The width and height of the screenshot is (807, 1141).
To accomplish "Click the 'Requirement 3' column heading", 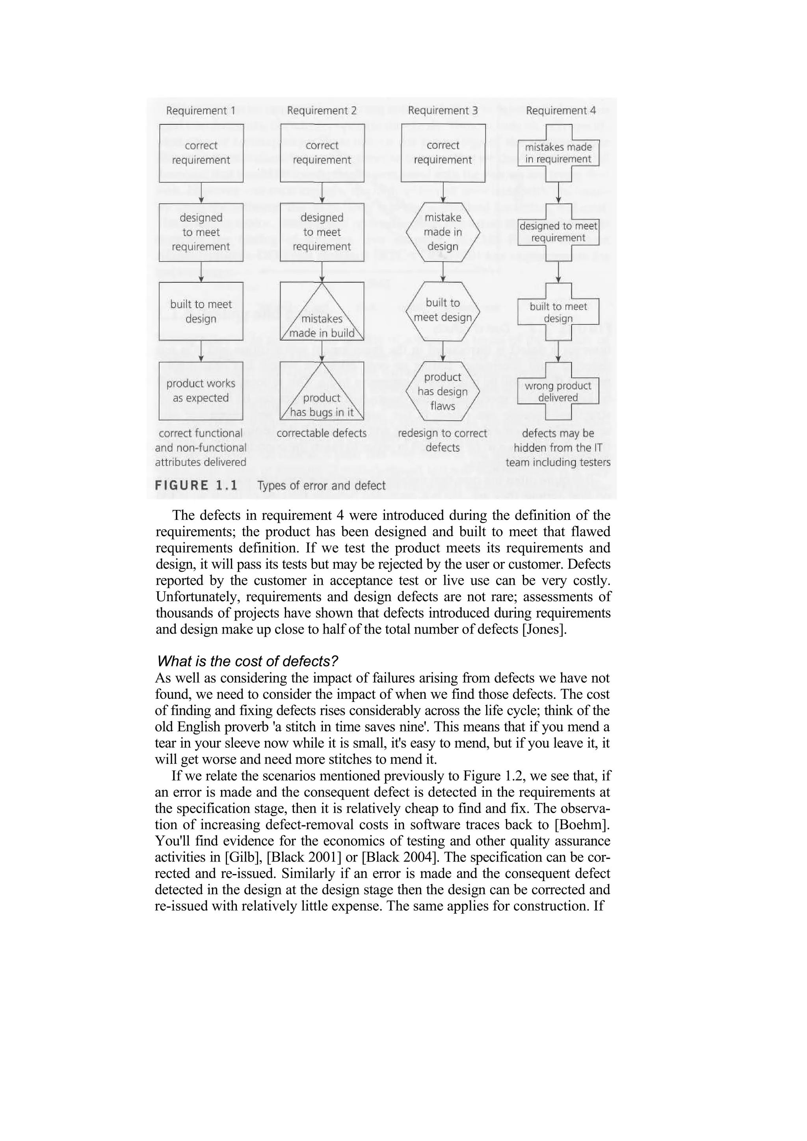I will (x=443, y=110).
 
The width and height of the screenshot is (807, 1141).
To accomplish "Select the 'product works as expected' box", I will (x=201, y=391).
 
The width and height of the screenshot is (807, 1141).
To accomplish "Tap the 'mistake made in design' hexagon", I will (x=443, y=232).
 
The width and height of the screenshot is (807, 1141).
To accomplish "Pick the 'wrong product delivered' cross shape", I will (x=558, y=391).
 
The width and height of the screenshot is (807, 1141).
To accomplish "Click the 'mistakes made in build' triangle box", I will (x=322, y=311).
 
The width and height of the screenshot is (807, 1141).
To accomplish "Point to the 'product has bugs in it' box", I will (x=322, y=391).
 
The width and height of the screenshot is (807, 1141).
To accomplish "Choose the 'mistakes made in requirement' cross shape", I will (x=558, y=153).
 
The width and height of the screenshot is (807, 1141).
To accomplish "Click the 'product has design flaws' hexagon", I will (x=443, y=391).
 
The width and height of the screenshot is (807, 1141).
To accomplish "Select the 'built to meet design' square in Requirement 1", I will (x=201, y=311).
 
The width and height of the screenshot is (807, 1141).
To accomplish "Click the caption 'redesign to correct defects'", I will (x=443, y=440).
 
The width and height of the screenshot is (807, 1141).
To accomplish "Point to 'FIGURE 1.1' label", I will (x=196, y=485).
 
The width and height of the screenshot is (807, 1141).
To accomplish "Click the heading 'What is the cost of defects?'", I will (x=247, y=661).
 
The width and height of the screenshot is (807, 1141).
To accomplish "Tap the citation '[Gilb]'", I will (x=244, y=857).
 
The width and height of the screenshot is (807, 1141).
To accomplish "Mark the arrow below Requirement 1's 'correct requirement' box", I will (x=201, y=193).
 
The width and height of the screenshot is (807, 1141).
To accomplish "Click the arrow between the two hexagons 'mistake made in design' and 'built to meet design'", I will (x=443, y=272).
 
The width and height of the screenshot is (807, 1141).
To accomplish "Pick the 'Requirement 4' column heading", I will (x=560, y=110).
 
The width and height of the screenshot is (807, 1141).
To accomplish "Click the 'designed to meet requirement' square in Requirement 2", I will (x=322, y=232).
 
